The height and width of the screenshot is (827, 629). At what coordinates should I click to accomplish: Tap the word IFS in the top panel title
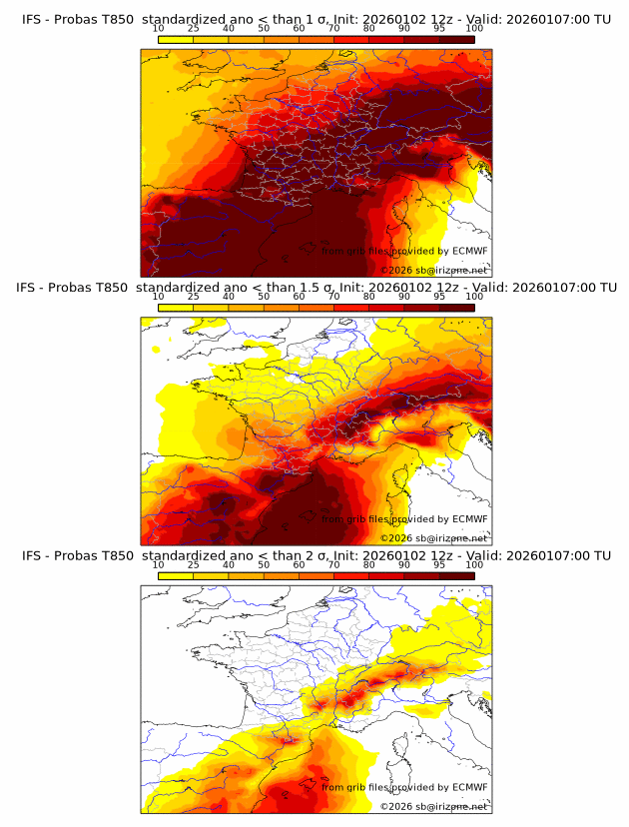click(x=34, y=19)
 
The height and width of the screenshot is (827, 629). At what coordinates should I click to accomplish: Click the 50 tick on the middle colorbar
click(x=264, y=297)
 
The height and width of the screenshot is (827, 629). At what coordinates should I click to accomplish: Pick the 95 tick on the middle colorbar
click(x=439, y=297)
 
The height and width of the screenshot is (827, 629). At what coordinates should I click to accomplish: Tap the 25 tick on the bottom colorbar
click(x=194, y=565)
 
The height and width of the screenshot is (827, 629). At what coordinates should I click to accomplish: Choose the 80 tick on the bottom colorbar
click(x=369, y=565)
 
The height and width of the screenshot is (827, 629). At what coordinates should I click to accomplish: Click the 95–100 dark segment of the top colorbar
click(x=456, y=39)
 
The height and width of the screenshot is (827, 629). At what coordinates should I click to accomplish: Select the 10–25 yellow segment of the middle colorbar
click(x=176, y=308)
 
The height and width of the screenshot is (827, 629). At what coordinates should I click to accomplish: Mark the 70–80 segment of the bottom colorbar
click(x=351, y=576)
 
